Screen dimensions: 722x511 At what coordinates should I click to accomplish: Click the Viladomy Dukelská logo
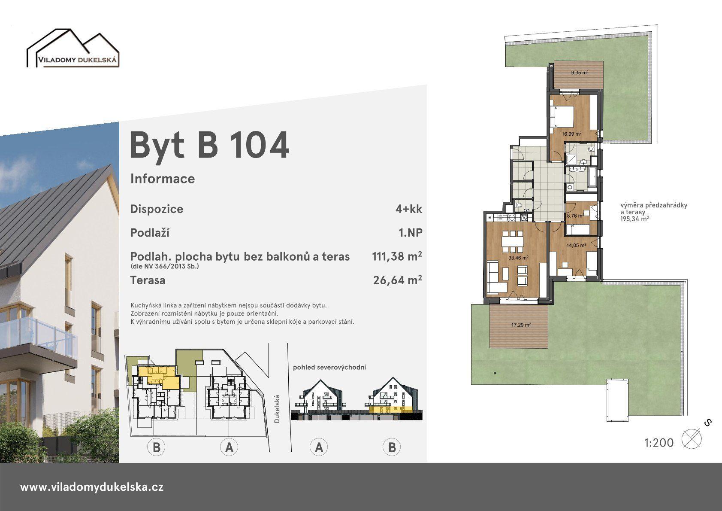(73, 48)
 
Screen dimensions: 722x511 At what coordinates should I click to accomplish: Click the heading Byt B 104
(209, 145)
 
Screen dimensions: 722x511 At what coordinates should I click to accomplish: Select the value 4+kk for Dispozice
(409, 209)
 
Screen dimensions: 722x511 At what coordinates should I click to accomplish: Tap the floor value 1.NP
(410, 233)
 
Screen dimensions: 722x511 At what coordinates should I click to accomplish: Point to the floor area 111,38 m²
(397, 256)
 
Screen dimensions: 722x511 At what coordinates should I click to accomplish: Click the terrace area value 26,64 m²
(397, 280)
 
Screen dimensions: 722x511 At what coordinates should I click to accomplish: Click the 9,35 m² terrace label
(580, 73)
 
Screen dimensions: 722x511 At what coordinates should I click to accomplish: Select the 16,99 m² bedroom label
(571, 134)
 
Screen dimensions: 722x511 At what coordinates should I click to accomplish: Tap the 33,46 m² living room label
(518, 258)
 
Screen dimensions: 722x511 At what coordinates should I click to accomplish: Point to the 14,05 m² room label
(576, 245)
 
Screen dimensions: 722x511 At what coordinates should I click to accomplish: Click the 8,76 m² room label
(575, 216)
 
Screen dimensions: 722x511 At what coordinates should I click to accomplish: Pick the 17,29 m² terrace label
(521, 325)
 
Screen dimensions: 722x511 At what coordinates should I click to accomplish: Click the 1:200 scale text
(659, 443)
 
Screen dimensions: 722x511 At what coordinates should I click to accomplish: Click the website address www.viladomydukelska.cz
(92, 487)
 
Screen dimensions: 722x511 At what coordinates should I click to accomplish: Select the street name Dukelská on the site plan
(277, 409)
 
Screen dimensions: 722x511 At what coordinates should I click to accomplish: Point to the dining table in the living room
(513, 242)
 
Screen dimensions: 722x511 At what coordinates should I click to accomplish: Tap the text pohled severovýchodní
(329, 367)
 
